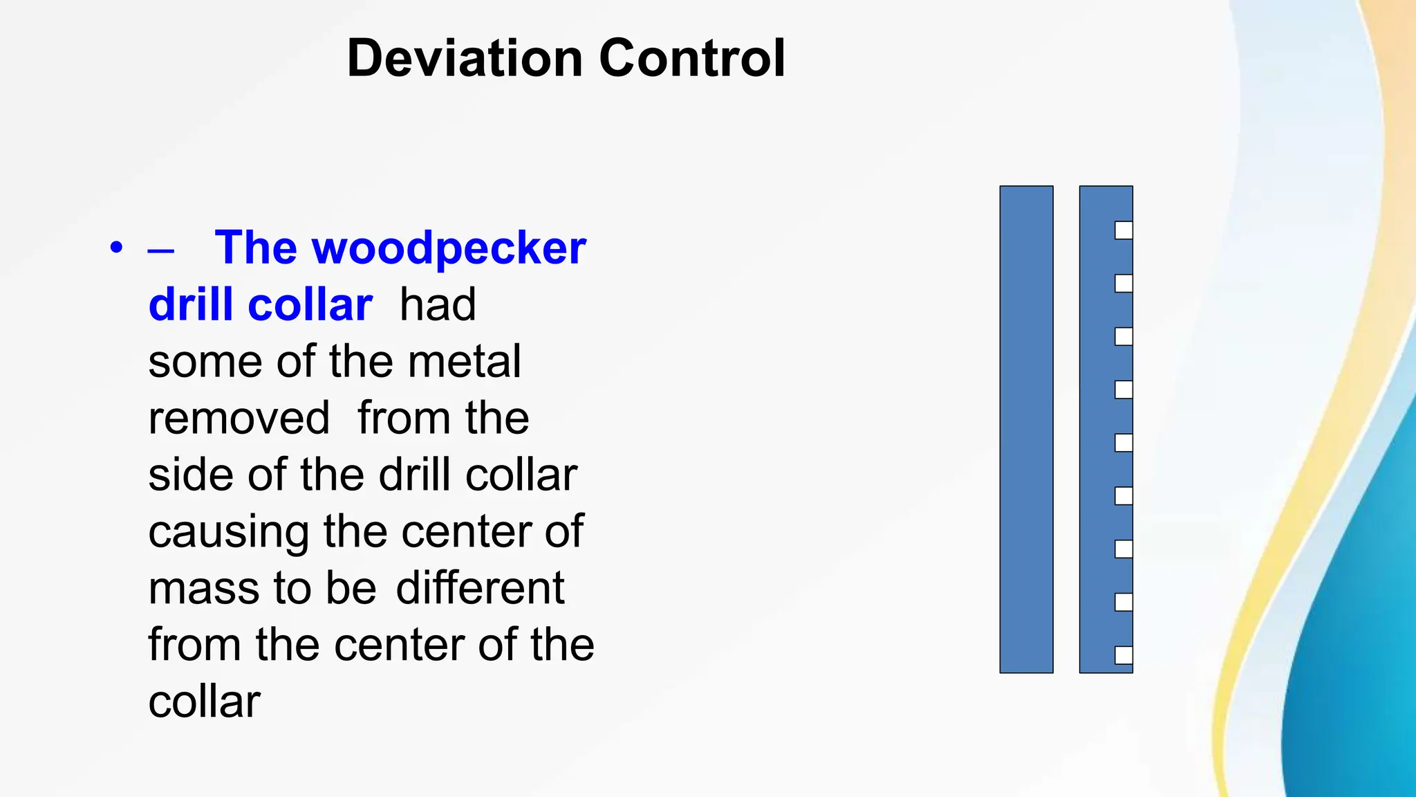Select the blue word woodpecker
(449, 248)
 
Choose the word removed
(239, 418)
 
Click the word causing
(228, 533)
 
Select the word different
(480, 588)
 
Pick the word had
(438, 304)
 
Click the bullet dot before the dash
(116, 248)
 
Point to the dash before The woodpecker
(160, 250)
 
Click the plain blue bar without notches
(1026, 429)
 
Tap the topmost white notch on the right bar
(1124, 230)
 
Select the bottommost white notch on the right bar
(1124, 655)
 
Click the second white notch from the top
(1124, 284)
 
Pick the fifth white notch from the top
(1124, 443)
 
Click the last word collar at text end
(204, 702)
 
